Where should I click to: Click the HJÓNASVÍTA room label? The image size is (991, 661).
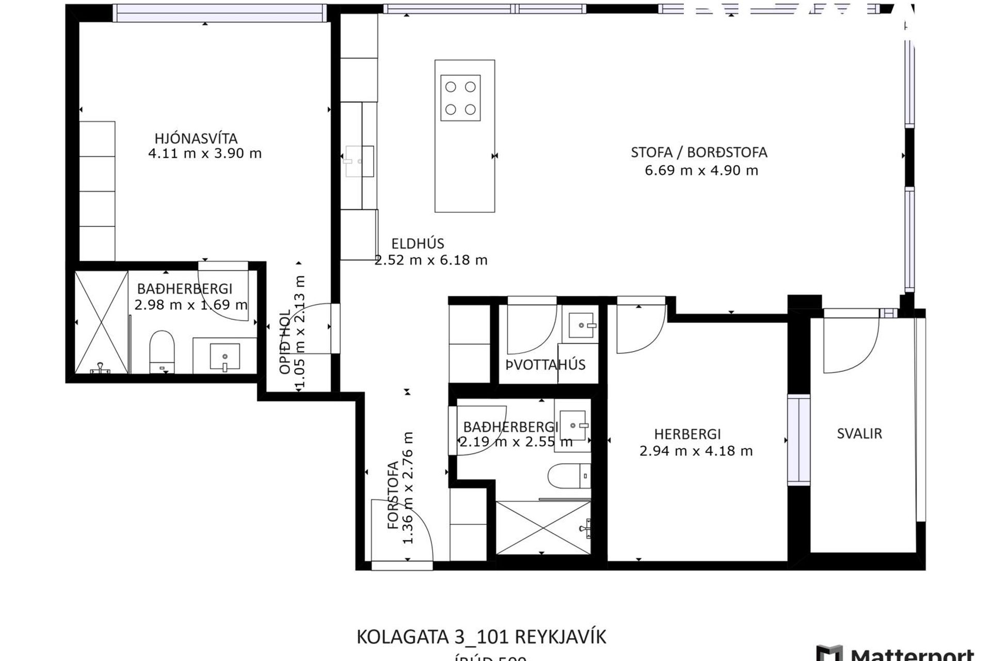point(196,138)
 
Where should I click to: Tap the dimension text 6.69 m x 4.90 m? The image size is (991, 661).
point(701,170)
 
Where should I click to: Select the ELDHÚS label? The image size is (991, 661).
point(418,243)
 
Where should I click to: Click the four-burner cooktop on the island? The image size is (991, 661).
point(460,98)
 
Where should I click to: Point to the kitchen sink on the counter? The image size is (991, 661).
point(359,162)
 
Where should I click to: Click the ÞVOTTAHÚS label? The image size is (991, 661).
point(546,365)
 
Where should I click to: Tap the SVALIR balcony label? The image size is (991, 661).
point(859,434)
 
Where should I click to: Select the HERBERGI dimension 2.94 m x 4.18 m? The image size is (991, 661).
point(696,451)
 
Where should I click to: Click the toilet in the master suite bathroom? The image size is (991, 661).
point(162,352)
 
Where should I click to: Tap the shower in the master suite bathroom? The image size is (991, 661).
point(101,322)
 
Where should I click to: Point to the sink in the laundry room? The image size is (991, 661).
point(581,325)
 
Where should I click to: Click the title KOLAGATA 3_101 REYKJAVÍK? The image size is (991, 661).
point(481,637)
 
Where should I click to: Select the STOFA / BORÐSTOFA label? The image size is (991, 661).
point(699,153)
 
